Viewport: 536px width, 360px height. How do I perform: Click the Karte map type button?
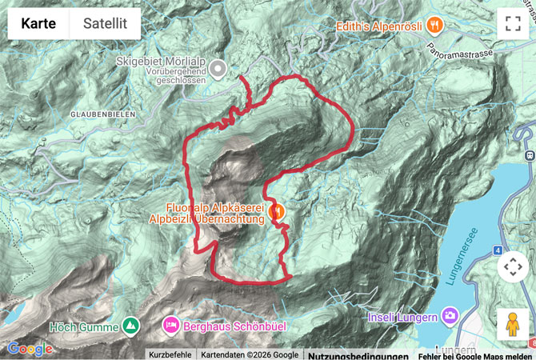[x=38, y=24]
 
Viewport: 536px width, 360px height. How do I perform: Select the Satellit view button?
[x=106, y=24]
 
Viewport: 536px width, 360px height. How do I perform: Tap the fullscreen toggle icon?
[x=512, y=24]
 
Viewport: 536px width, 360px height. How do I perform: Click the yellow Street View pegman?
[x=512, y=323]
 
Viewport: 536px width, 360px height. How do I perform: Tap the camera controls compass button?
[x=512, y=267]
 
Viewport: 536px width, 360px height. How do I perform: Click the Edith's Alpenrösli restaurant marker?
[x=435, y=25]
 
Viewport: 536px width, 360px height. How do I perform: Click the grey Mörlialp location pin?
[x=218, y=69]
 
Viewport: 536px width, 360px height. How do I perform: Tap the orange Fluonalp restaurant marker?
[x=277, y=212]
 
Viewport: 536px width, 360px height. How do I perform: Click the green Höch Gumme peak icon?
[x=130, y=326]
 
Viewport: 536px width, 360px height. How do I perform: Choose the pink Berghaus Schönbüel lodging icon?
[x=171, y=326]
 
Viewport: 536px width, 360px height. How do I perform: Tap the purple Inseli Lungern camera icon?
[x=450, y=317]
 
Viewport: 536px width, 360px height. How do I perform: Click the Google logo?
[x=30, y=349]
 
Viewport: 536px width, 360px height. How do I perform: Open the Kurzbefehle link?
[x=170, y=354]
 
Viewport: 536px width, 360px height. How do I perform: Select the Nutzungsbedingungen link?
[x=358, y=354]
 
